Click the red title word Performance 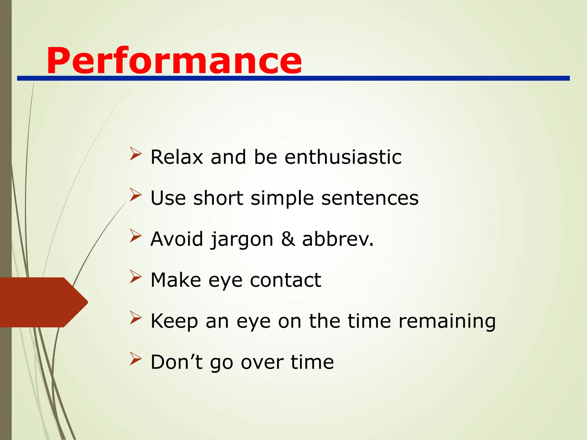174,61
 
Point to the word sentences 370,198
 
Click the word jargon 242,239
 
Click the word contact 285,280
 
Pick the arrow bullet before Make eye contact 136,276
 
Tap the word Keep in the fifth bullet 174,321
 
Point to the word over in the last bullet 262,362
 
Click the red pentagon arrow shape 43,302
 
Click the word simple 282,199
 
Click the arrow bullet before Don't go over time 136,358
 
